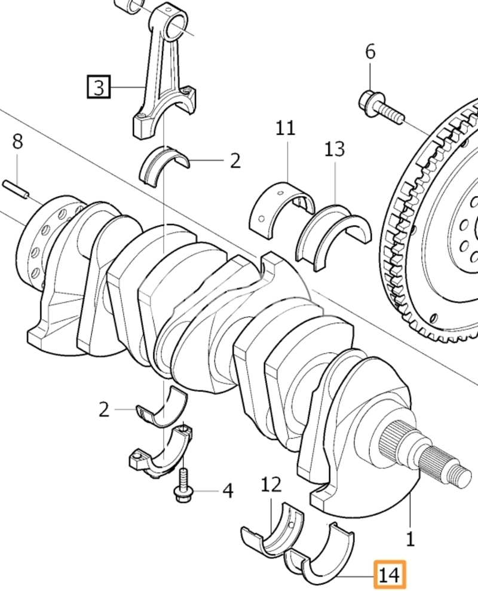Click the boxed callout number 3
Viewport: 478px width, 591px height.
99,87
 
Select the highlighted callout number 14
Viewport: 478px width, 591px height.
390,575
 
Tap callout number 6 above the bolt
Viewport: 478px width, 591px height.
370,51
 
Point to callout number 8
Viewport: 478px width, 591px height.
17,142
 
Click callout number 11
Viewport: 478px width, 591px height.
286,128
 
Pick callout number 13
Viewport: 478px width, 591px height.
335,149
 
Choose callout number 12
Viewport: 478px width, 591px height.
271,485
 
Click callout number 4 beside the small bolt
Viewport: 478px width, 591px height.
228,491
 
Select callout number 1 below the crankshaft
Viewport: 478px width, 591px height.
410,539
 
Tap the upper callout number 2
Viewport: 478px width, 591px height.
235,161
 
